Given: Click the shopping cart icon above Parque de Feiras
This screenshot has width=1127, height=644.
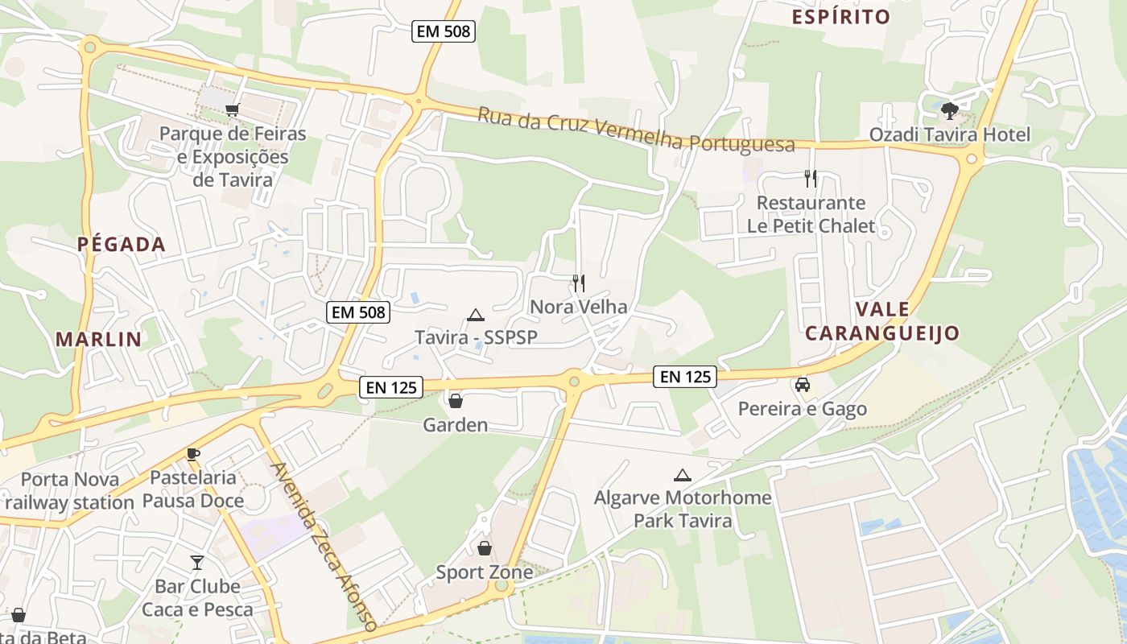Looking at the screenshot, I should (x=233, y=110).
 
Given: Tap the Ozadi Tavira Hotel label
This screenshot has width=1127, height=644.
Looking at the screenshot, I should (x=949, y=134).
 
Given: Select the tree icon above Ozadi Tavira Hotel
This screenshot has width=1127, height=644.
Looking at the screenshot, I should (x=949, y=110).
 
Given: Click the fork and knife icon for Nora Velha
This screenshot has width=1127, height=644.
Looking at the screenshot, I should (x=578, y=283).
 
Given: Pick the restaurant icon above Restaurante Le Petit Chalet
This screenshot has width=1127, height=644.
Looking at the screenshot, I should (x=811, y=179).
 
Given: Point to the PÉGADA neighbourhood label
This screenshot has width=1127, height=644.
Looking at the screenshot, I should (x=122, y=245).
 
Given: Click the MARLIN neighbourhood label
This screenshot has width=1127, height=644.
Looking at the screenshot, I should (x=98, y=340).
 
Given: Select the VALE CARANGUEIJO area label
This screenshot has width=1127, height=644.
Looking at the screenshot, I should (x=883, y=321).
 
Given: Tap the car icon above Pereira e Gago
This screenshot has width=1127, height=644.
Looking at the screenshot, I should (x=803, y=385).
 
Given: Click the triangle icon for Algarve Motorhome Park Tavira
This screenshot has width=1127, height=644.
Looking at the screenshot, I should (x=683, y=475).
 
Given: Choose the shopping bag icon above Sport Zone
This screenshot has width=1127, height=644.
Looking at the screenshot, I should (x=485, y=548).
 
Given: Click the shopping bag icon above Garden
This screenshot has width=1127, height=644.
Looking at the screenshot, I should (x=456, y=400).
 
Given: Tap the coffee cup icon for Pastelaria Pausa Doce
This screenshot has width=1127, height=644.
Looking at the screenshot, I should (x=193, y=454).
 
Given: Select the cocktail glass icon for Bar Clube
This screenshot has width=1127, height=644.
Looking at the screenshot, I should (x=197, y=562).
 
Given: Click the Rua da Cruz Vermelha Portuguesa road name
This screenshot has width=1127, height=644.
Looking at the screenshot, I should (x=636, y=130).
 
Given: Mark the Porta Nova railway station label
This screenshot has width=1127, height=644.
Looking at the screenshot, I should (x=69, y=491).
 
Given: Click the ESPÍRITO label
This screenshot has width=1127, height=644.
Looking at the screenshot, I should (x=841, y=17).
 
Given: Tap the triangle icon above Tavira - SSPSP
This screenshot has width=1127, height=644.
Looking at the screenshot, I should (x=476, y=315).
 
